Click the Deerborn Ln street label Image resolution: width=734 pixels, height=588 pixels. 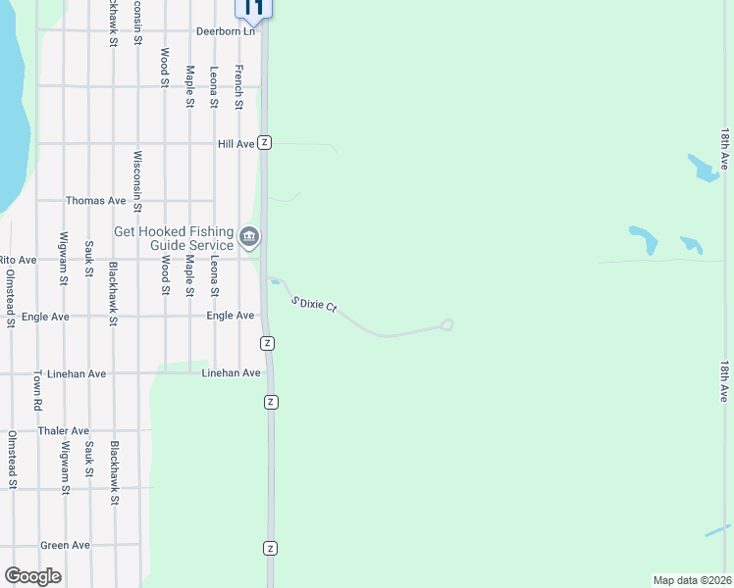(226, 31)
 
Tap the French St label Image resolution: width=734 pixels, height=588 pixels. (238, 86)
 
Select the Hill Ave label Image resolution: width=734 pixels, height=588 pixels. (236, 144)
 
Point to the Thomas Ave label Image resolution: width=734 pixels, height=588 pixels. (96, 201)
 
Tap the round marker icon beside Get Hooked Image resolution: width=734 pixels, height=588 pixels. (250, 236)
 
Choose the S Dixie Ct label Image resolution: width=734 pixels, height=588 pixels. (314, 304)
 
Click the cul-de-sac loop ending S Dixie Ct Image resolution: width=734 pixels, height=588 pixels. (447, 324)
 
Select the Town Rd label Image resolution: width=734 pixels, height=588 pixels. (38, 390)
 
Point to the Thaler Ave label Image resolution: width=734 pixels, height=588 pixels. (64, 431)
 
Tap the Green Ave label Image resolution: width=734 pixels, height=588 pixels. (65, 545)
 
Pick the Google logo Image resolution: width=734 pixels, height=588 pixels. (32, 576)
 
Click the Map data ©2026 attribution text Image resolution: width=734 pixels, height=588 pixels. (692, 580)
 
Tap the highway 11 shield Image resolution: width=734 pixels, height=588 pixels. (253, 8)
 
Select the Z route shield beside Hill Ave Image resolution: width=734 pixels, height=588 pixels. (265, 143)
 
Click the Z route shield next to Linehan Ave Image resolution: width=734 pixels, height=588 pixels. (272, 402)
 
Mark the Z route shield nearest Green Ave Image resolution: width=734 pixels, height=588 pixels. (271, 548)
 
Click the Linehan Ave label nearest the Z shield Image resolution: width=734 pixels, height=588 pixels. (232, 373)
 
